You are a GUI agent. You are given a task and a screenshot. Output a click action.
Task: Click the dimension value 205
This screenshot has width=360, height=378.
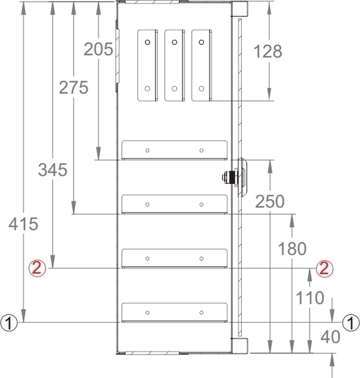98,49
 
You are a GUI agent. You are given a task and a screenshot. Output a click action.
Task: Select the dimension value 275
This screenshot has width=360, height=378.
74,88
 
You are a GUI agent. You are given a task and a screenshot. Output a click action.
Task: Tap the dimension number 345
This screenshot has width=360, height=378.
52,169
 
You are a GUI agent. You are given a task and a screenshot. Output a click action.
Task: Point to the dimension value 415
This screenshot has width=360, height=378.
24,224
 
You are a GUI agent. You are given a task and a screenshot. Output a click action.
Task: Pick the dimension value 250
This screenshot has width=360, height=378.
270,202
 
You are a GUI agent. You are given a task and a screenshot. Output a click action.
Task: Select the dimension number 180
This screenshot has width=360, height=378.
293,248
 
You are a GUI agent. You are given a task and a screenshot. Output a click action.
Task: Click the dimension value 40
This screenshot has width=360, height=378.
330,337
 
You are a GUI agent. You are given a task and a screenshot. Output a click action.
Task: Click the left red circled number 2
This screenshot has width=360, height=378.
37,268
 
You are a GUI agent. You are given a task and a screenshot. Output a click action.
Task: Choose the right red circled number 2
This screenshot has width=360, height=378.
323,268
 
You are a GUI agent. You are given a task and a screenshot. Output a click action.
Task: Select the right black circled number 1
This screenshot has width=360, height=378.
351,323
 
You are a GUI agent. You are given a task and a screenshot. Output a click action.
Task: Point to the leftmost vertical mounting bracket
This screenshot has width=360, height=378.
147,64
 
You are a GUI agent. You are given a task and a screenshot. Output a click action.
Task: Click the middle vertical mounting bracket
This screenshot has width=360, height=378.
174,64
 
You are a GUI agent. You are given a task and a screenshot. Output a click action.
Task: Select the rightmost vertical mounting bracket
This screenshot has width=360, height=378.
201,64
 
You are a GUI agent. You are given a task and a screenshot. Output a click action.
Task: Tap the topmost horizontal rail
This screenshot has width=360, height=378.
174,150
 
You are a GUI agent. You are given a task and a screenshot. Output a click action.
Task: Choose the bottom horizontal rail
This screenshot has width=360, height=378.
174,312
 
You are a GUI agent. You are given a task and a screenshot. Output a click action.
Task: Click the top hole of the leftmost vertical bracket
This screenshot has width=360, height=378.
147,42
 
